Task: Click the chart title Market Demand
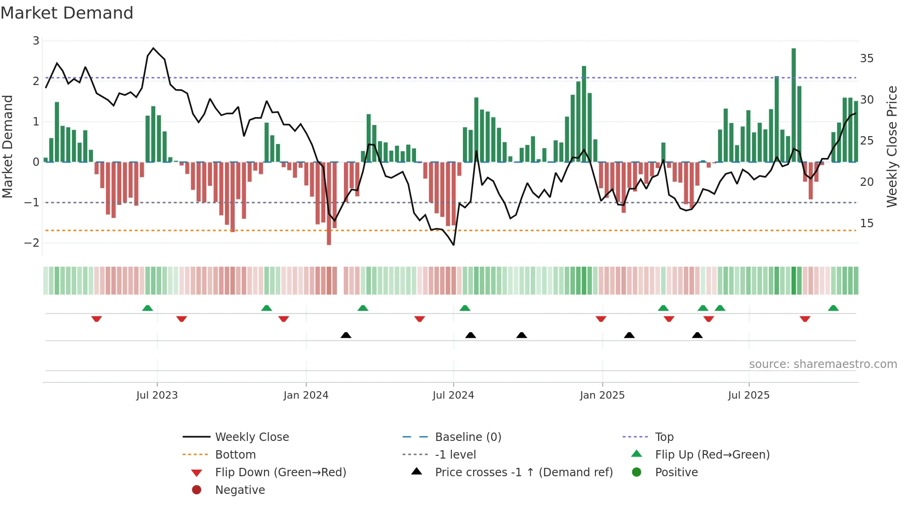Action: tap(67, 13)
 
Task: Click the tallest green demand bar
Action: tap(793, 105)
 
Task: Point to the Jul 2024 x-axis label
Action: tap(453, 395)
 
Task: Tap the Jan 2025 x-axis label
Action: tap(602, 395)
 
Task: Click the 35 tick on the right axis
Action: tap(866, 59)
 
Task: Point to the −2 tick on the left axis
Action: tap(32, 243)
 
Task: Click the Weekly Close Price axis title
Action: tap(891, 146)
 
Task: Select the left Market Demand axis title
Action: tap(8, 146)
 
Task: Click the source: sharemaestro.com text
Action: tap(823, 364)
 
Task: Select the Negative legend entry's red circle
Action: tap(197, 490)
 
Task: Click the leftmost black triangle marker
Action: tap(346, 335)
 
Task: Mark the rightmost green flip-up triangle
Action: tap(833, 308)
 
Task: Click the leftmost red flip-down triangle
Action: tap(97, 319)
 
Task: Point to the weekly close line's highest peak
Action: tap(153, 48)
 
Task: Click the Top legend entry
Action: tap(664, 437)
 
